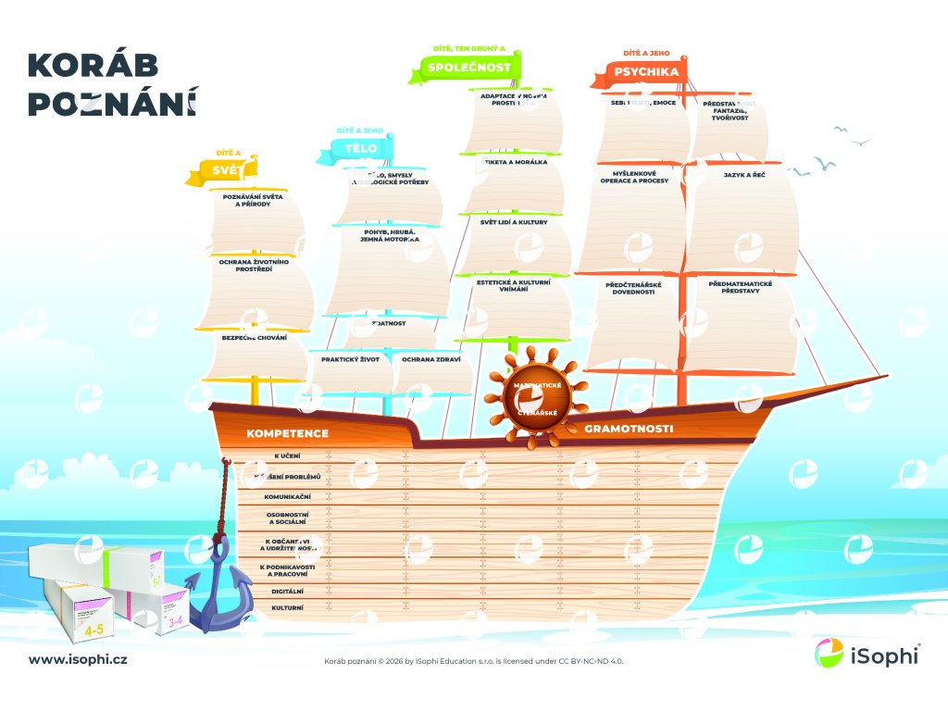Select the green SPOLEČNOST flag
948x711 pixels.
point(468,67)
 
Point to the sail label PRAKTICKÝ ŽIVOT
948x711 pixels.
point(351,359)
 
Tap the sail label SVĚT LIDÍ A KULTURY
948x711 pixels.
point(514,222)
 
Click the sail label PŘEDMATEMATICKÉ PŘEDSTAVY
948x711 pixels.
point(740,287)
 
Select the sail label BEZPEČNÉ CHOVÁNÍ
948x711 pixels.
point(255,338)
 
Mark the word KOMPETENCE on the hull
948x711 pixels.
point(287,433)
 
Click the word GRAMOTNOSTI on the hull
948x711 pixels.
point(629,429)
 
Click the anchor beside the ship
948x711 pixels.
point(219,583)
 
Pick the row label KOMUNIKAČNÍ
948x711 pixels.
point(287,496)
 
